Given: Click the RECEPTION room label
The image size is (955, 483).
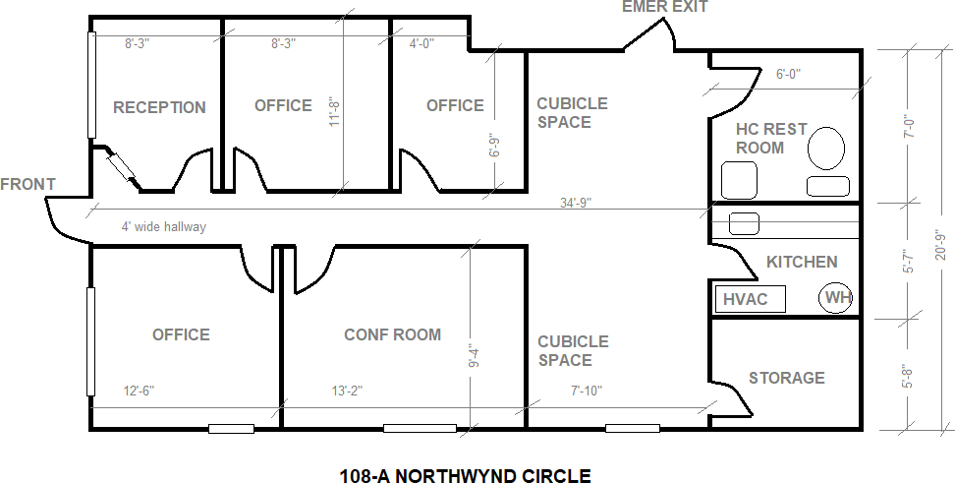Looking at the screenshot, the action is (x=159, y=107).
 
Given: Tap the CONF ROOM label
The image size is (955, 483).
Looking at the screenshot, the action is (x=392, y=334).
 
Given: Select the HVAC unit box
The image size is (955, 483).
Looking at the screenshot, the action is (x=750, y=299).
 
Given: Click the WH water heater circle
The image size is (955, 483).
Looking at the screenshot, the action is (x=835, y=298).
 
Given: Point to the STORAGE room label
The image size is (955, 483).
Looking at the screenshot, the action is (x=787, y=378).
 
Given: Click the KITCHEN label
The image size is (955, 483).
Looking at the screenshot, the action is (x=802, y=262).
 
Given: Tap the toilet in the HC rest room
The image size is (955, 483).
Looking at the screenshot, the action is (x=826, y=149).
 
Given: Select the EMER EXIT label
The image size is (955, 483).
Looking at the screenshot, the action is (x=664, y=7).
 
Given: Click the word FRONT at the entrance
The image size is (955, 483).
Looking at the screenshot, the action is (x=28, y=184).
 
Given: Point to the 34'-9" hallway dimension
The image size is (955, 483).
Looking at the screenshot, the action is (x=576, y=203).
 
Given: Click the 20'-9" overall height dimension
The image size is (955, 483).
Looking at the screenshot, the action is (x=941, y=245).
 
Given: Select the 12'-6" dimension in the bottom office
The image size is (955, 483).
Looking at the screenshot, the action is (x=139, y=391).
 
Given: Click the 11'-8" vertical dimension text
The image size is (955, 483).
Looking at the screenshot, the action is (x=334, y=111).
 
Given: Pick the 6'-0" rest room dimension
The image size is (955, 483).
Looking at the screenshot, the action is (x=788, y=74).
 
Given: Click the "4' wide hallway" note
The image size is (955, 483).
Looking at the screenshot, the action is (x=164, y=227).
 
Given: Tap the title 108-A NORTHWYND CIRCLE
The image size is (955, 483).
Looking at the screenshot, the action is (x=465, y=475).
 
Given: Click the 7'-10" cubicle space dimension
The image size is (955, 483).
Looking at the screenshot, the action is (x=587, y=391).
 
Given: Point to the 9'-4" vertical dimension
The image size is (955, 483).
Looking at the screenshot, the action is (x=476, y=356).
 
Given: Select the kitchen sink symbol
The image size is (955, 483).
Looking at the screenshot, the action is (x=745, y=223).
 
